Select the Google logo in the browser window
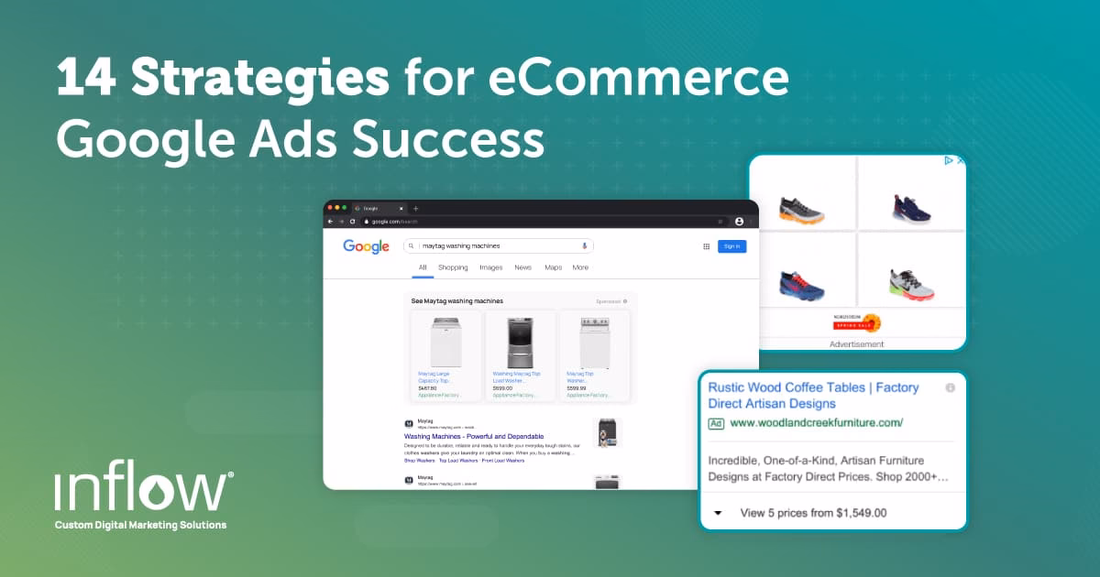pos(366,246)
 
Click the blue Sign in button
pos(731,246)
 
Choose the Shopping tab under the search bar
pos(453,267)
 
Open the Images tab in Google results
pos(491,267)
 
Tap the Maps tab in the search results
pos(554,267)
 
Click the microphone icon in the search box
pos(584,246)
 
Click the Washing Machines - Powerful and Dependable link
pos(474,436)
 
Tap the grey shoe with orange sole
pos(801,209)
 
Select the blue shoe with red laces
pos(801,284)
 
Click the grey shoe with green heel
pos(911,284)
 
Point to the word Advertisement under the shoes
pos(856,344)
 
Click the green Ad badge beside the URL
pos(716,423)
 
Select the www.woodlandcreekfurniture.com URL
pos(816,423)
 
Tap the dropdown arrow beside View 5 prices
pos(718,513)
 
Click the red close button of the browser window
pos(330,208)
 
